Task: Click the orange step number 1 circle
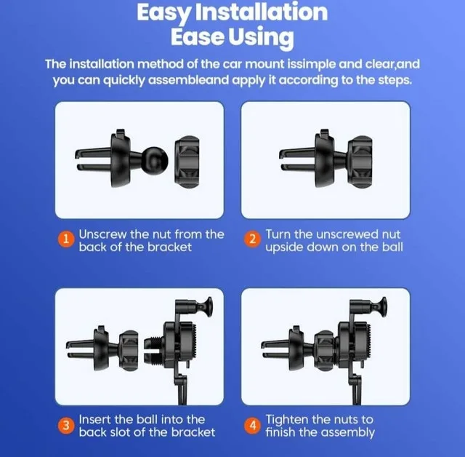[67, 241]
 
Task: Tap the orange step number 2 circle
[253, 241]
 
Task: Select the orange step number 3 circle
[67, 426]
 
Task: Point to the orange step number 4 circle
[253, 426]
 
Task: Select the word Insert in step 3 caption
[95, 419]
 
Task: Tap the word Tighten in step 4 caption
[289, 419]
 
